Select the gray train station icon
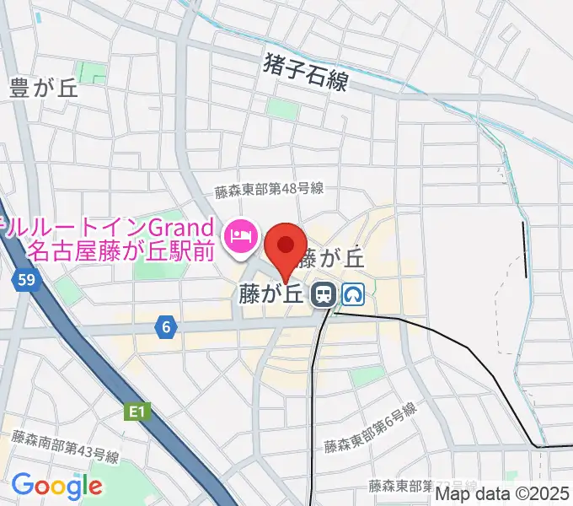321,294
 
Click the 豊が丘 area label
44,89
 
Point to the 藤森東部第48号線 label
269,191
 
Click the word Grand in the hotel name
179,227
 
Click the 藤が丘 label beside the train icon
270,294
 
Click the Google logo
56,486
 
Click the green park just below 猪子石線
281,108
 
